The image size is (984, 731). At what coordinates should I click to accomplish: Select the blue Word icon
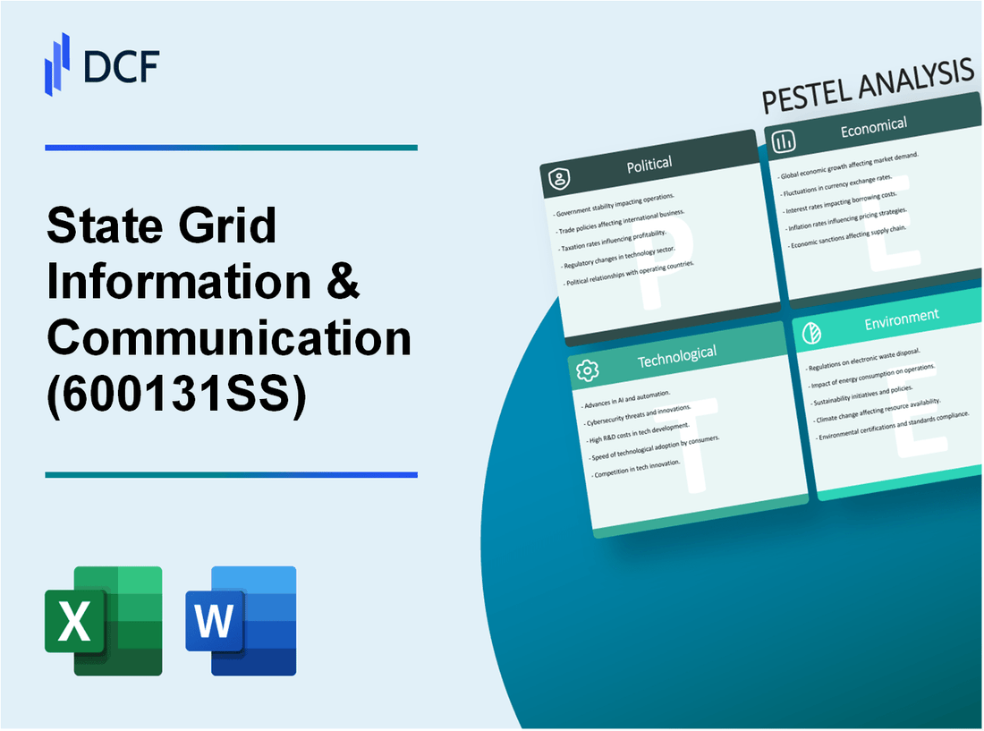click(241, 620)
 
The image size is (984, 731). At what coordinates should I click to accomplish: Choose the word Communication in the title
click(229, 337)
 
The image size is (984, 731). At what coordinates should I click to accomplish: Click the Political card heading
click(650, 165)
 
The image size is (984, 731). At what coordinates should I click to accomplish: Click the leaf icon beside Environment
click(811, 328)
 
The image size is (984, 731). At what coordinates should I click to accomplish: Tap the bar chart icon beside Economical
click(785, 141)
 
